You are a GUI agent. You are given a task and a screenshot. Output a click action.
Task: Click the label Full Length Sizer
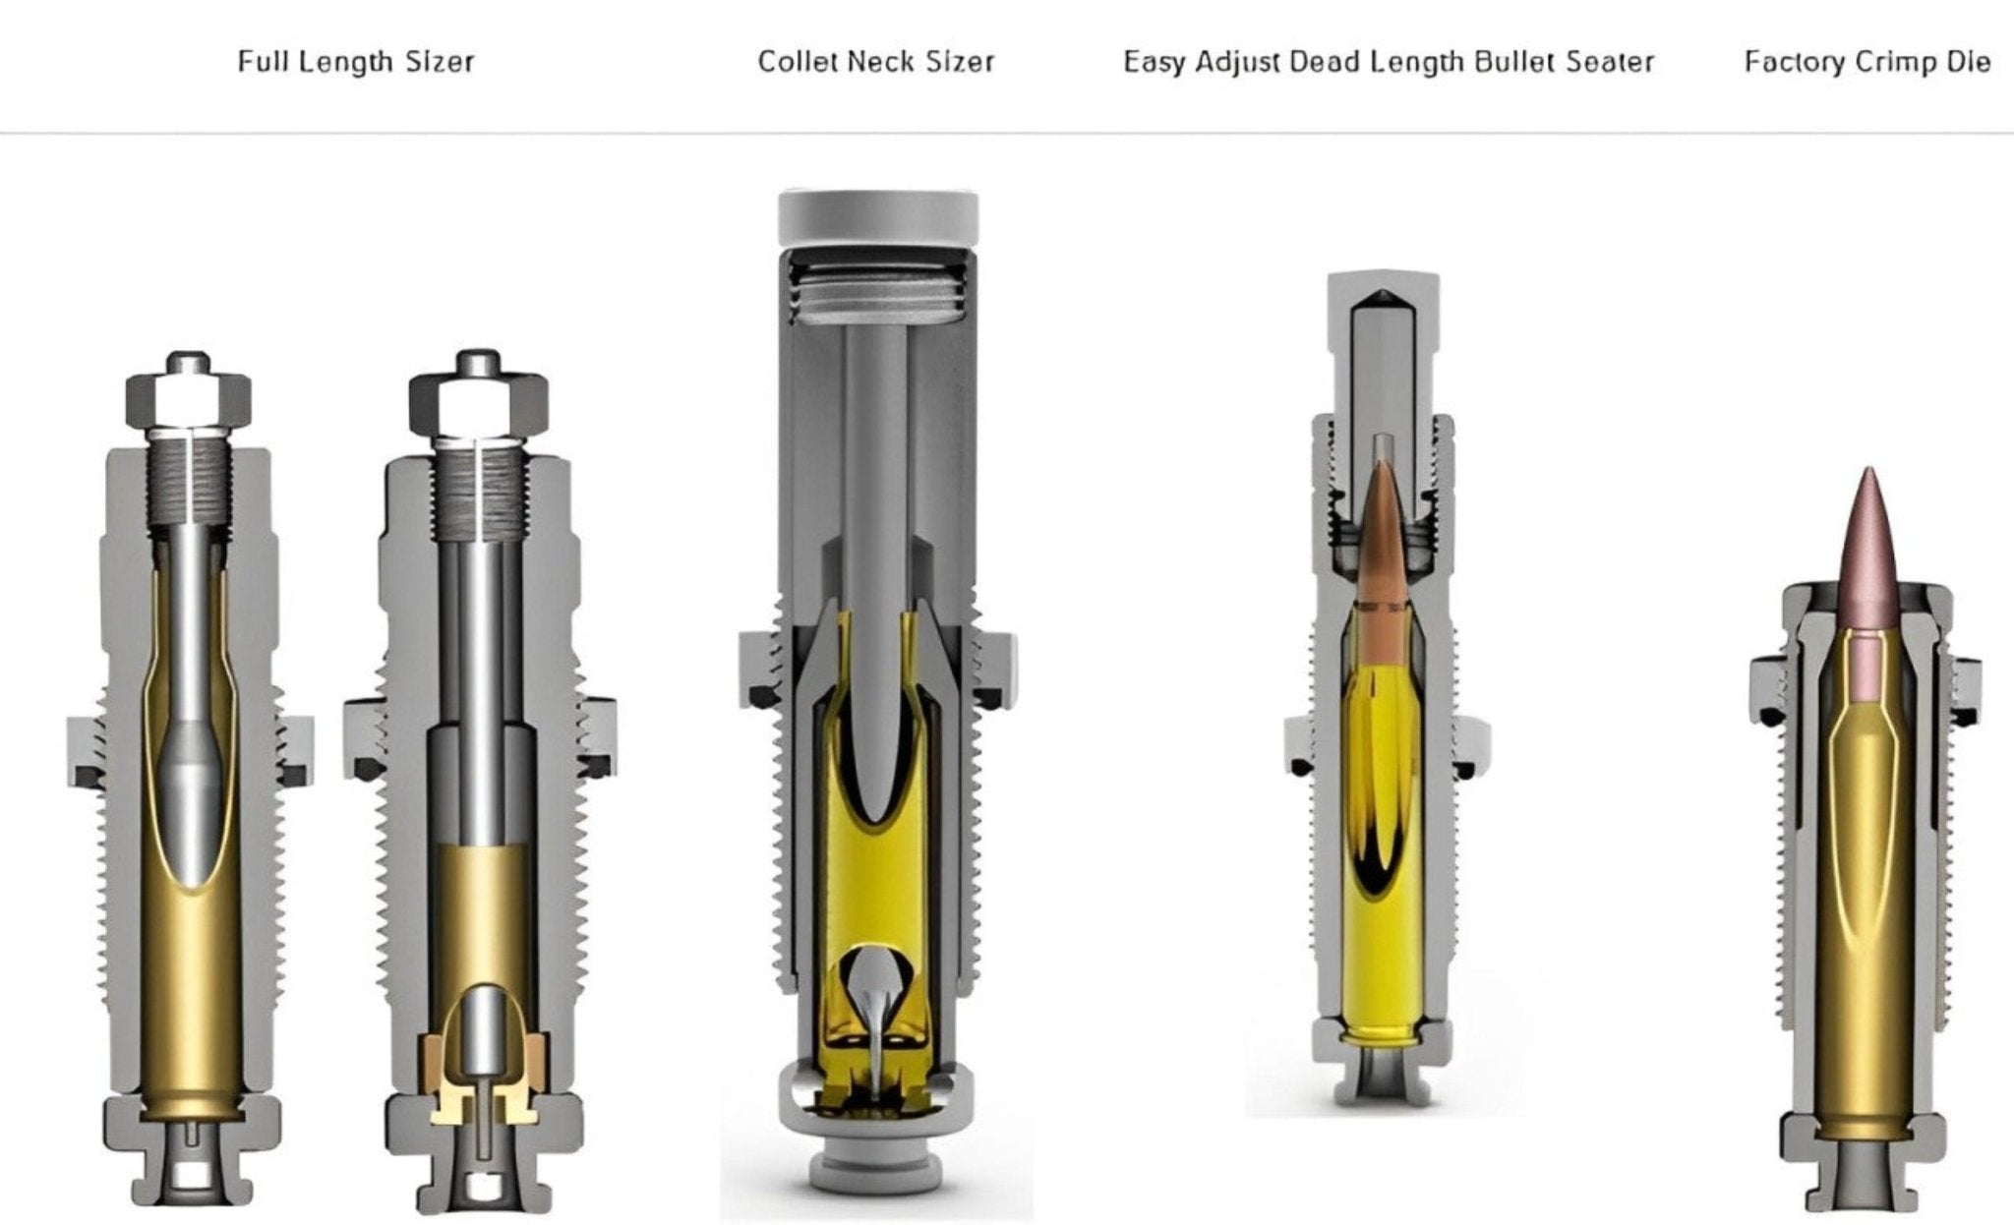[356, 63]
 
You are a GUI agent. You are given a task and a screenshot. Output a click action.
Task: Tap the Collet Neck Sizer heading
[876, 62]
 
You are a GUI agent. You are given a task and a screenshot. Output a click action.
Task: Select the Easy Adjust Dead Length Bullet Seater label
[1389, 62]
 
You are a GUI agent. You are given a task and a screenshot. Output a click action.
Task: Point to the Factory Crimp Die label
[1867, 62]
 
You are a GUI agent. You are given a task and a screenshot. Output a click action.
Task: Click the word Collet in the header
[797, 62]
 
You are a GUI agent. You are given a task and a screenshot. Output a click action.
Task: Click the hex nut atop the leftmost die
[188, 398]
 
